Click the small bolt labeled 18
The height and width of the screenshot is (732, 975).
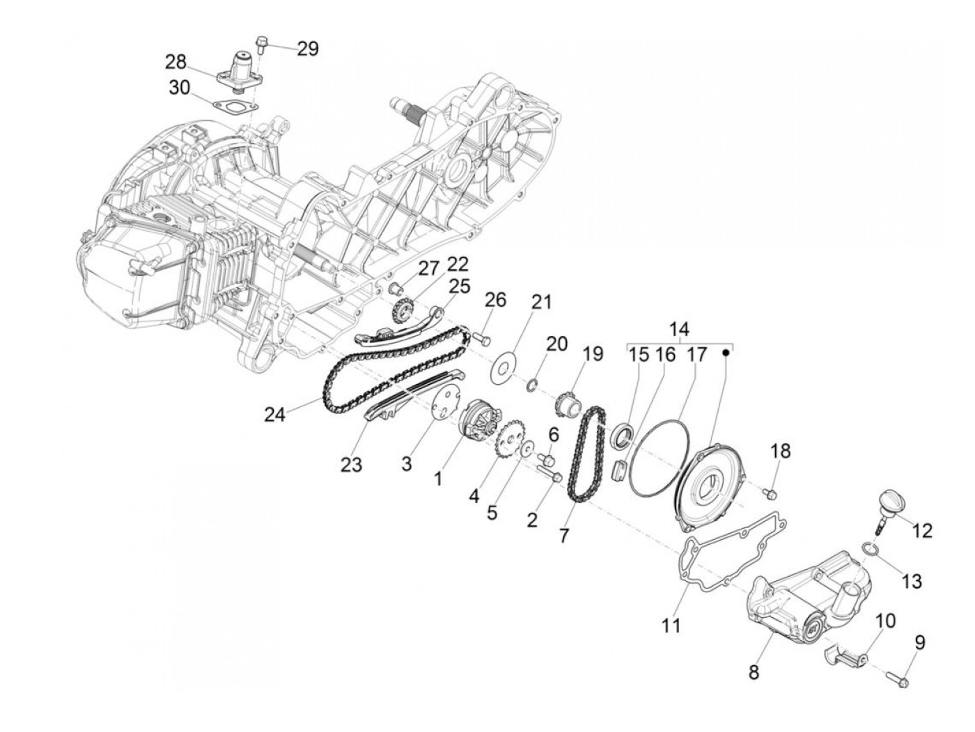point(770,493)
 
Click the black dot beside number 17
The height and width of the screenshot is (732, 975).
point(726,352)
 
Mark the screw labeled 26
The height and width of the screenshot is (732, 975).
point(482,338)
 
